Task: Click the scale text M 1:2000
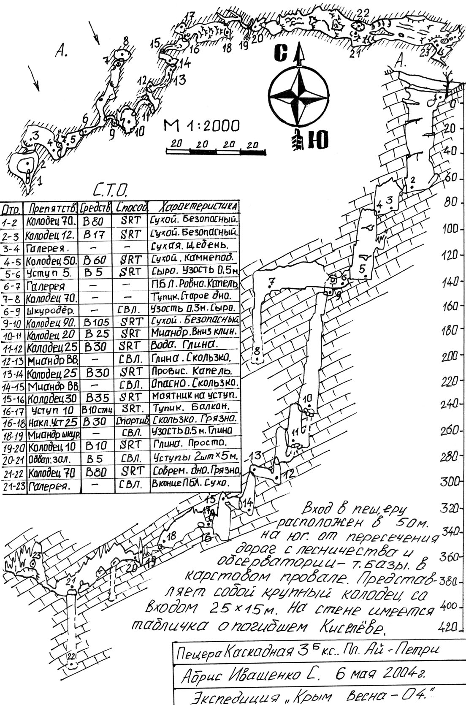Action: [x=202, y=126]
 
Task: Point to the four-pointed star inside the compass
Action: [x=299, y=96]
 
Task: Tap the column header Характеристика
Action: [x=195, y=206]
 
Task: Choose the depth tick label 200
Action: [x=449, y=357]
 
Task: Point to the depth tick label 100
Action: [x=450, y=229]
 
